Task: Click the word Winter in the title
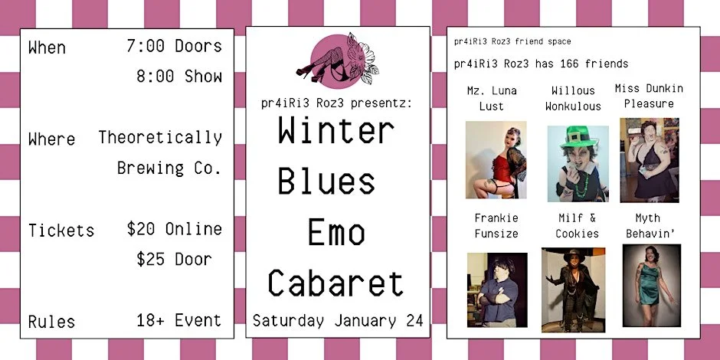point(336,132)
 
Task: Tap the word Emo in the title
point(336,233)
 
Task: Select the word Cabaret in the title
point(335,283)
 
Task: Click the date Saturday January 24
point(338,321)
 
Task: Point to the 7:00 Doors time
point(174,46)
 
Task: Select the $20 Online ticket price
point(174,229)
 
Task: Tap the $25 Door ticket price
point(175,260)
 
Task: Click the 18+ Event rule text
point(178,320)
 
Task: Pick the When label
point(47,47)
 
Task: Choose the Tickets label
point(61,230)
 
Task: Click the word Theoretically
point(160,138)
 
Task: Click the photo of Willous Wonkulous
point(578,163)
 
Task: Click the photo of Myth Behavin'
point(651,284)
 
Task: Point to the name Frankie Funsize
point(496,226)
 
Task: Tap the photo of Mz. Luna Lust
point(496,159)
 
